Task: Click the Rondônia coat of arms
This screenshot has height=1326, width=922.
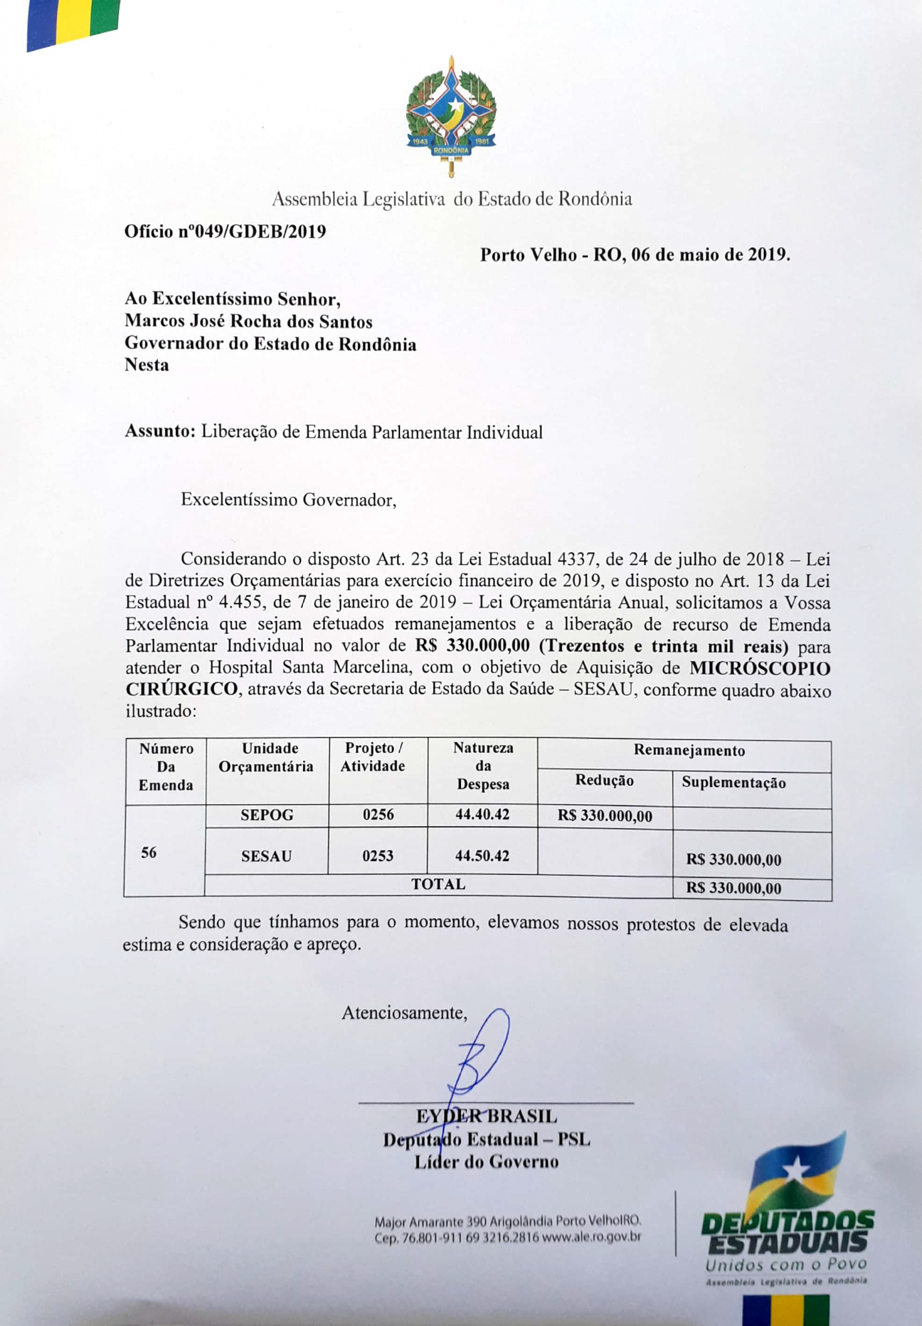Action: point(451,117)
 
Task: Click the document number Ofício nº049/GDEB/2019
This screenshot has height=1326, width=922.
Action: point(225,231)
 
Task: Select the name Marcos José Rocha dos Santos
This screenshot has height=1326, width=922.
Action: point(249,321)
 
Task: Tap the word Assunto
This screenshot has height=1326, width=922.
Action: point(159,432)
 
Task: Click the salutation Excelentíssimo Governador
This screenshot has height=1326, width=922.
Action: point(288,500)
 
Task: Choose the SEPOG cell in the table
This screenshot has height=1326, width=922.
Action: point(267,815)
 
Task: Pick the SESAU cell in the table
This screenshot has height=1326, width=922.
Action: point(266,856)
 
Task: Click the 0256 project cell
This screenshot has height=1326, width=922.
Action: point(378,815)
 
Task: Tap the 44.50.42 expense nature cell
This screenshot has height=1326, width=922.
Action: point(482,856)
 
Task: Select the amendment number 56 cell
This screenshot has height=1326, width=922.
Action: point(149,853)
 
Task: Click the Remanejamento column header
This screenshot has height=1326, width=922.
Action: point(689,751)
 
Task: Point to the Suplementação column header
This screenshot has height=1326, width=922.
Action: point(734,783)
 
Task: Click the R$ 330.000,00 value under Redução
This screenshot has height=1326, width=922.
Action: point(605,816)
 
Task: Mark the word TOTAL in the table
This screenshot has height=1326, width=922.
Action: point(438,884)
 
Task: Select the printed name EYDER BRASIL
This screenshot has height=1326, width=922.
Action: point(486,1116)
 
